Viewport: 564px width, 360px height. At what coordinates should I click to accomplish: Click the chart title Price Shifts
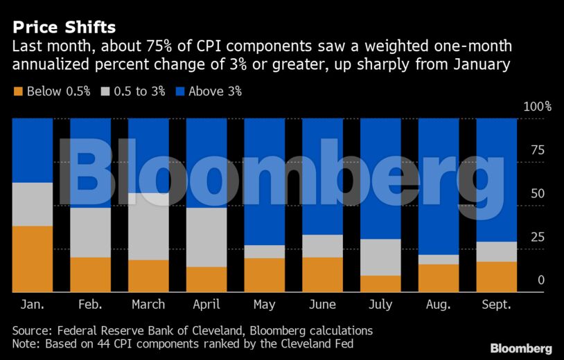[x=62, y=28]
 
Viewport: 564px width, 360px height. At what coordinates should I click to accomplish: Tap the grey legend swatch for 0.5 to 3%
[x=106, y=91]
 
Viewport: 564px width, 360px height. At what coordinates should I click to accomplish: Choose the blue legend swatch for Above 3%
[x=182, y=91]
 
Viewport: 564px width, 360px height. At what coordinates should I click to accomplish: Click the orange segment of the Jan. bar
[x=33, y=258]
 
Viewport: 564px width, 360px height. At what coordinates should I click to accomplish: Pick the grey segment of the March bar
[x=148, y=226]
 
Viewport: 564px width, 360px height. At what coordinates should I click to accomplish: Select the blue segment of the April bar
[x=206, y=163]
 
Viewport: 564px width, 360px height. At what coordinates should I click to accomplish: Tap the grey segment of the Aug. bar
[x=439, y=260]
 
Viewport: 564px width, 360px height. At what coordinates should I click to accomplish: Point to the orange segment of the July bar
[x=380, y=283]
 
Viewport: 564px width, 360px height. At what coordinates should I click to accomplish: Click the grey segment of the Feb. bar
[x=91, y=233]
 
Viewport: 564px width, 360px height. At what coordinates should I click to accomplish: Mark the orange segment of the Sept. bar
[x=496, y=276]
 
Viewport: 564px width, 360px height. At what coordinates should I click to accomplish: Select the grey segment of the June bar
[x=322, y=246]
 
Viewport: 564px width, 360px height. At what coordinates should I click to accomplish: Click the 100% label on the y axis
[x=538, y=107]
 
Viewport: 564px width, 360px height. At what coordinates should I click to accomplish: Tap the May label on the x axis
[x=265, y=305]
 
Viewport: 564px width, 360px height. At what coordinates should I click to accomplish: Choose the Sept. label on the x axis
[x=496, y=305]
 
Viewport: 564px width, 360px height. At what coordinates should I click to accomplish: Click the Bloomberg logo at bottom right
[x=521, y=348]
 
